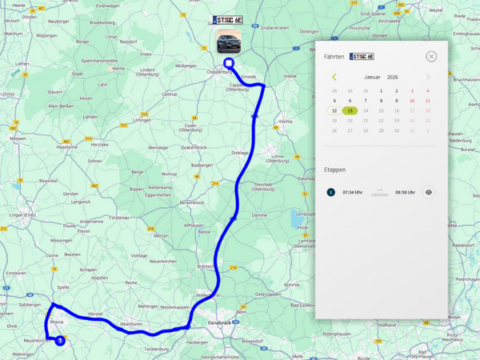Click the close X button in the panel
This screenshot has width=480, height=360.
431,57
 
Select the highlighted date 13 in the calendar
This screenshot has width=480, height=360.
349,110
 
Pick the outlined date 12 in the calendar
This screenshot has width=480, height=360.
334,110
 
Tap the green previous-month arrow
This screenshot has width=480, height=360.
334,77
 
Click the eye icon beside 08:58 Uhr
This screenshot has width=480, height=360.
429,192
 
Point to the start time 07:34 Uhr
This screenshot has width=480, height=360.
352,192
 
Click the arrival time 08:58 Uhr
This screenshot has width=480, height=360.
405,192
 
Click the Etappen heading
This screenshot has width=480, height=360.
334,170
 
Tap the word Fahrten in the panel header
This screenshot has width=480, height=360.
334,57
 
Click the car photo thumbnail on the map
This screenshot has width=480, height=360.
229,40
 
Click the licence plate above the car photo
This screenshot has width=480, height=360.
229,19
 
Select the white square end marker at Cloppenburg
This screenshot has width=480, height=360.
229,63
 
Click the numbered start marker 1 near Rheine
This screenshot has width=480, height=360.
60,340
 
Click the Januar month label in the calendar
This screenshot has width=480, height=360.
373,77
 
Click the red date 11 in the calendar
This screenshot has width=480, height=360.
428,101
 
